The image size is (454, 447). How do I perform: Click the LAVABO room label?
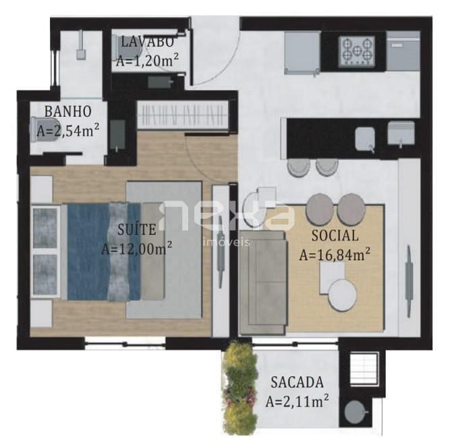pos(147,42)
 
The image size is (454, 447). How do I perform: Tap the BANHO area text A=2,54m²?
pos(67,130)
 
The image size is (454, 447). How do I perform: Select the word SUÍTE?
pos(137,230)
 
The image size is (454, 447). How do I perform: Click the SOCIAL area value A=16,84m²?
pos(335,255)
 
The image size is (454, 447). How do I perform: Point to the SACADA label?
pos(297,382)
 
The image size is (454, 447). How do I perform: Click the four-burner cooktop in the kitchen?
pos(357,51)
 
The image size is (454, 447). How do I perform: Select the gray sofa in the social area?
pos(263,283)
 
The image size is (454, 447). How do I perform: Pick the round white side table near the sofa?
pos(343,296)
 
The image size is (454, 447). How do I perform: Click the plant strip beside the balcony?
pos(239,388)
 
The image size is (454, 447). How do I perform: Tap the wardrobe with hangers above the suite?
pos(182,115)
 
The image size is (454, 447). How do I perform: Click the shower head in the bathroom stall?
pos(81,54)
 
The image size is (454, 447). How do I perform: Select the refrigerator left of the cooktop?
pos(302,53)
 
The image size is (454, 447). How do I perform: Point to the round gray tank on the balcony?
pos(356,412)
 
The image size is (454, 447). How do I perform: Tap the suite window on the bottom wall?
pos(125,344)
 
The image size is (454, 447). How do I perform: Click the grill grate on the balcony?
pos(364,368)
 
